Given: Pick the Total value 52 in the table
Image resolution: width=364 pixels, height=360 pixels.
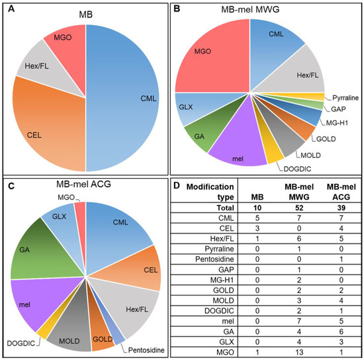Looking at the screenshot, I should [x=293, y=210].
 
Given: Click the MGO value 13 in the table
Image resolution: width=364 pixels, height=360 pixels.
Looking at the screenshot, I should [x=293, y=351].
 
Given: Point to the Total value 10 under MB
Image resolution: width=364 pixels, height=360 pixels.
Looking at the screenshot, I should [x=257, y=210].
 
